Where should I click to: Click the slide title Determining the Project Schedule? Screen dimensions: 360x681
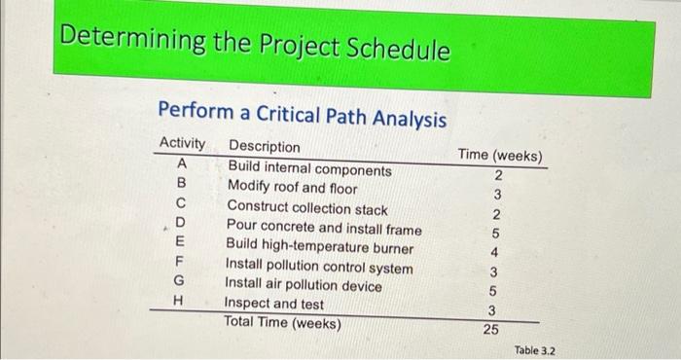256,46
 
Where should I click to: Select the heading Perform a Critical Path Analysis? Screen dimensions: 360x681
302,117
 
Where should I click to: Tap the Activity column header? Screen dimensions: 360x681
183,144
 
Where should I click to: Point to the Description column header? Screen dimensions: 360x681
265,148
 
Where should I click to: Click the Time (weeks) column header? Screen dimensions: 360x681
500,156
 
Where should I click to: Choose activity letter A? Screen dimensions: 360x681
181,163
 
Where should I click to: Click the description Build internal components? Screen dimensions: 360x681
309,169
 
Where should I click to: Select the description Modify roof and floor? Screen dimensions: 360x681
292,188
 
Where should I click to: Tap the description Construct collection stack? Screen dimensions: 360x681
307,208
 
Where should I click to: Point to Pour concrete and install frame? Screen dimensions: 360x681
324,229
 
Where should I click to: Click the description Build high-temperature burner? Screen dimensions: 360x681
320,248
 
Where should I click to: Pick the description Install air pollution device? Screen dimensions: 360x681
303,285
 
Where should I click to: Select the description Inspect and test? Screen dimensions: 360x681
274,304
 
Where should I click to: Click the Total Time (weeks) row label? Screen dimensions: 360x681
282,321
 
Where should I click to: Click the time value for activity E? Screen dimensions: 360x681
495,252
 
